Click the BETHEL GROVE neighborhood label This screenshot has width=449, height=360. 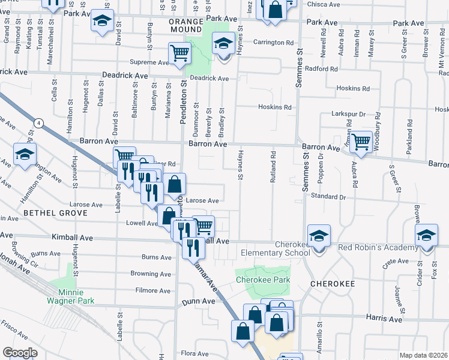click(x=47, y=212)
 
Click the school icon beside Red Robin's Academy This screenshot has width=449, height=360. click(x=426, y=236)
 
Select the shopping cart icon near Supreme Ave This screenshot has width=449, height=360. click(x=180, y=54)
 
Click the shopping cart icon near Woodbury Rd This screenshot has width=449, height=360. click(x=360, y=143)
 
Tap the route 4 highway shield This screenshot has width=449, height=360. click(x=39, y=124)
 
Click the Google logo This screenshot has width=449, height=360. click(x=20, y=352)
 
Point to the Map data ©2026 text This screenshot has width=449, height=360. click(x=423, y=355)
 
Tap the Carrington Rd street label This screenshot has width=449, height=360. click(x=277, y=43)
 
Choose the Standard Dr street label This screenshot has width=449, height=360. click(x=328, y=196)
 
